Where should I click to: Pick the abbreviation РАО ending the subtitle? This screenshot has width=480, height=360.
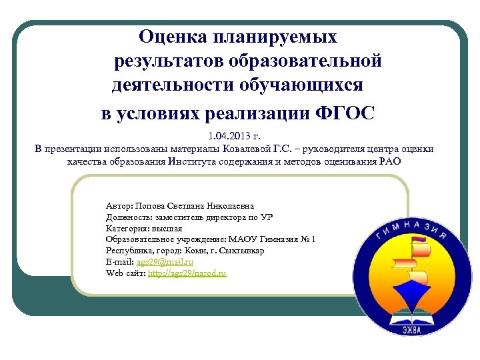coord(390,161)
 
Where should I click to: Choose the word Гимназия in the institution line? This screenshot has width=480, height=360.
coord(276,239)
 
